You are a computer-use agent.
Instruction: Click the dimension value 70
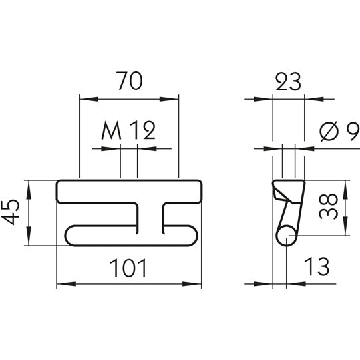click(x=128, y=82)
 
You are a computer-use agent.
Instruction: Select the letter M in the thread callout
click(x=112, y=130)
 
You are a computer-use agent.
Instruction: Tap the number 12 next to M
click(x=142, y=130)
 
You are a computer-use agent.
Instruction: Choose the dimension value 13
click(x=317, y=268)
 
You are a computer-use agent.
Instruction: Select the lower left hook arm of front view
click(x=100, y=235)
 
